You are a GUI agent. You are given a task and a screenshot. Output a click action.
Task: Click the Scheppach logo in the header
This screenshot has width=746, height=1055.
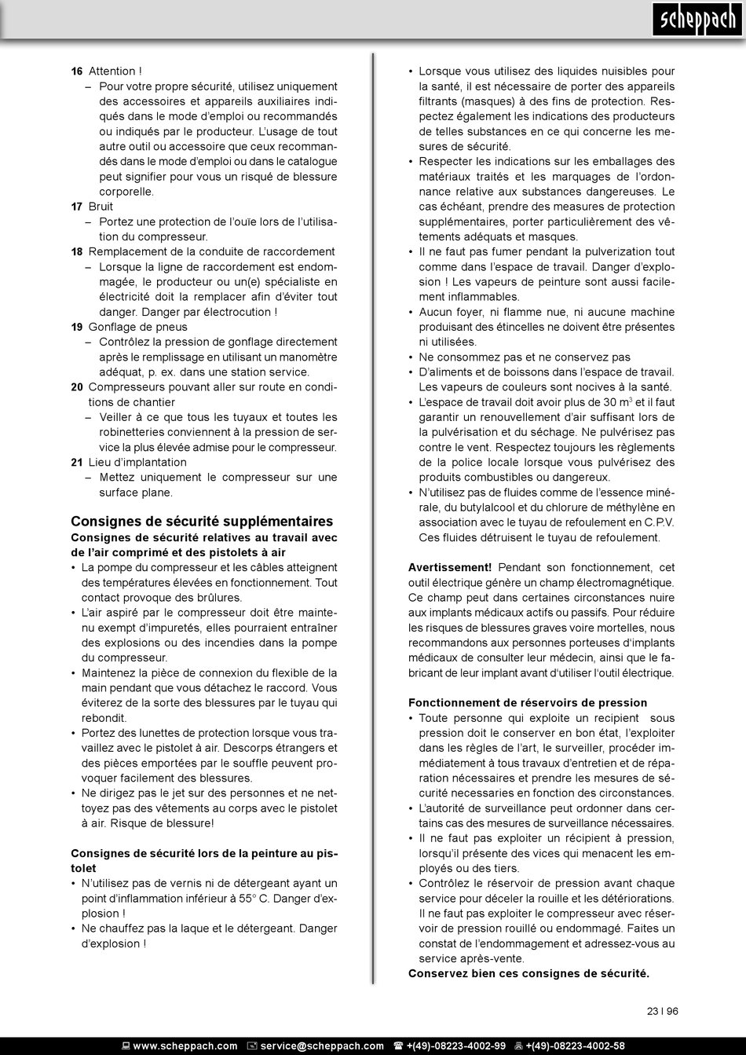click(x=696, y=20)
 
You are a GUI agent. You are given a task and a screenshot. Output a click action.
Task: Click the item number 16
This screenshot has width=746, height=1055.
click(x=77, y=71)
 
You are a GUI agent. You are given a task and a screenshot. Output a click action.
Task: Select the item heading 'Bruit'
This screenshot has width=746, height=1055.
click(x=101, y=207)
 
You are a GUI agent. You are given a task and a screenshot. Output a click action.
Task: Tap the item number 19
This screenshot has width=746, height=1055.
click(x=77, y=327)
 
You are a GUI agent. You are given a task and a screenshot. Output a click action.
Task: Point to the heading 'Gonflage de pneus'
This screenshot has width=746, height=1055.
click(x=138, y=327)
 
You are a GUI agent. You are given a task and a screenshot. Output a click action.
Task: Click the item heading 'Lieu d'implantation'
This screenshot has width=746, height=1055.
click(x=137, y=462)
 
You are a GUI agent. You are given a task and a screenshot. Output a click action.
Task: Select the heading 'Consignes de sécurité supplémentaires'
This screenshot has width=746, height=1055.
click(x=202, y=521)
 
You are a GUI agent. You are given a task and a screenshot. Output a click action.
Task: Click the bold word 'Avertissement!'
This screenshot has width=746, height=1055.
click(x=450, y=567)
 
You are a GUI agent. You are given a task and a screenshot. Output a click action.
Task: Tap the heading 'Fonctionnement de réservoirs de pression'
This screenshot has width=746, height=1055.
click(x=528, y=702)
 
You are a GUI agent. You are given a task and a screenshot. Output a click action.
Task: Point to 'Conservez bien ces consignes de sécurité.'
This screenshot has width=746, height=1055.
click(x=528, y=973)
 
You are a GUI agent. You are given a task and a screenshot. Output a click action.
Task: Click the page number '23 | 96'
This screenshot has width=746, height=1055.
click(x=662, y=1011)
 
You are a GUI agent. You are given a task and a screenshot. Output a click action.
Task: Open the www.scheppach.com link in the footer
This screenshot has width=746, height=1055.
click(x=185, y=1046)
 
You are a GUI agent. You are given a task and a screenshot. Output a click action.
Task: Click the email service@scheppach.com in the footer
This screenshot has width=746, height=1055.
click(x=322, y=1046)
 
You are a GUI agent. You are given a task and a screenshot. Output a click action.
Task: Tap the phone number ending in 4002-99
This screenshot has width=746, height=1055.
click(x=455, y=1046)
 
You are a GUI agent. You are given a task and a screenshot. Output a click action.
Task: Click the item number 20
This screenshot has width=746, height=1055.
click(x=77, y=387)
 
